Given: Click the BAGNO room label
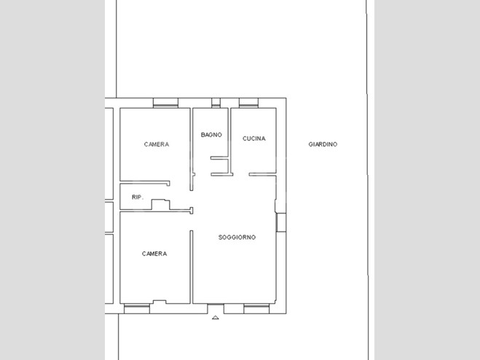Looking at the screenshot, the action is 211,135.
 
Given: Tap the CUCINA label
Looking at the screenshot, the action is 253,138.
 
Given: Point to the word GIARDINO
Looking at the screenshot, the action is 323,144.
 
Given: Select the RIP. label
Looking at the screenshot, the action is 138,197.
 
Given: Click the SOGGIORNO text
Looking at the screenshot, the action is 237,237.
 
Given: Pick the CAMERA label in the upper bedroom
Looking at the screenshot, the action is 157,144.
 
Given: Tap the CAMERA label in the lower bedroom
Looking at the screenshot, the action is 154,254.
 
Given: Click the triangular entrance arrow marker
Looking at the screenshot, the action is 215,318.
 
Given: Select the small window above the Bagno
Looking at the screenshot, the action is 216,103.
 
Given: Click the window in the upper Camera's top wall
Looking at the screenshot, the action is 165,103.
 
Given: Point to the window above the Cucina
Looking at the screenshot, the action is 248,103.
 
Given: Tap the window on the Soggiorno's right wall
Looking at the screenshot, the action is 281,222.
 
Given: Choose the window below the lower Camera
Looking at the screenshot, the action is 137,309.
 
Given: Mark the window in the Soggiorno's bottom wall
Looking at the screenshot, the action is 256,309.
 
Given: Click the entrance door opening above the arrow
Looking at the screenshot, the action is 216,308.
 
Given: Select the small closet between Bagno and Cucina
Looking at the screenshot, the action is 220,166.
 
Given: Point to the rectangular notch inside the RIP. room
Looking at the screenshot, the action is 161,205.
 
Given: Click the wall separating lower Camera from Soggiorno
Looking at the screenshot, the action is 192,267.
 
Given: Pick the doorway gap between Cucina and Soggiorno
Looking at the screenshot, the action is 241,174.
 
